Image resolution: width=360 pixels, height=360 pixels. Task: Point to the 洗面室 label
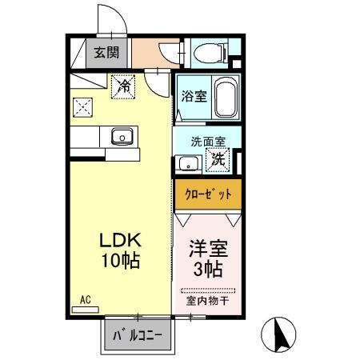coord(207,142)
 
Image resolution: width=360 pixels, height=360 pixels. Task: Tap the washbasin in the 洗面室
coord(188,164)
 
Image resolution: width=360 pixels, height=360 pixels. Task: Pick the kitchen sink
coord(122,137)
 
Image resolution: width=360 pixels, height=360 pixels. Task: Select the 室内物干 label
coord(207,302)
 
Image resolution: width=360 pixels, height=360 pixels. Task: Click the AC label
coord(84,300)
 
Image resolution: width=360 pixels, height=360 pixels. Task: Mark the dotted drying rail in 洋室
coord(207,290)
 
